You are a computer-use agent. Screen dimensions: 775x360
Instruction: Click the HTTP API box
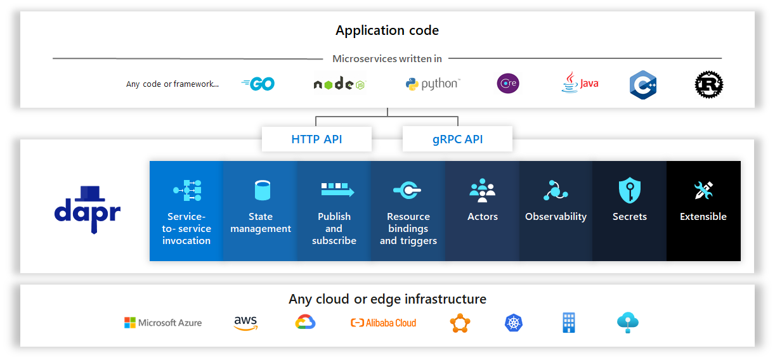pos(316,139)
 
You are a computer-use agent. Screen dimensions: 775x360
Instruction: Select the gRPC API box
pos(457,139)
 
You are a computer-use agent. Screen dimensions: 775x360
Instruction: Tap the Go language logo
pos(258,84)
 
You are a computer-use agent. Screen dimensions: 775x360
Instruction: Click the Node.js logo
pos(339,83)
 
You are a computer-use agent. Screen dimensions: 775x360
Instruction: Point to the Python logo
pos(433,84)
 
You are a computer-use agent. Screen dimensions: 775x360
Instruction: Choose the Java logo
pos(580,82)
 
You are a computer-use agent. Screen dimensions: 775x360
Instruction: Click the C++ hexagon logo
pos(643,85)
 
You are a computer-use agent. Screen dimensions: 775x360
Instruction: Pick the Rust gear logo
pos(709,84)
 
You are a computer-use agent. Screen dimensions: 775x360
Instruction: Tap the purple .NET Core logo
pos(508,83)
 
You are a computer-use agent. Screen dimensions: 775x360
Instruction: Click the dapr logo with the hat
pos(88,210)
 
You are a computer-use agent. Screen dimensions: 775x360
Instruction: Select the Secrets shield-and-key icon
pos(630,190)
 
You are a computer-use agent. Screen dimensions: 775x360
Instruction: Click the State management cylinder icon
pos(263,190)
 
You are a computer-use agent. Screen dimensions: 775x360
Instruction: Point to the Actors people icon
pos(482,190)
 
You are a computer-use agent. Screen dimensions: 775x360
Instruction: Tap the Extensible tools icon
pos(703,190)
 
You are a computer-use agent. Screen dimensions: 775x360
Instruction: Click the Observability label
pos(556,217)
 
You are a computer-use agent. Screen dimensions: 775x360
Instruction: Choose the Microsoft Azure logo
pos(163,323)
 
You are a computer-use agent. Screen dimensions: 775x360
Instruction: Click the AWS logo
pos(245,323)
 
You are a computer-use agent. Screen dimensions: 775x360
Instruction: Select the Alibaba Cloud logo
pos(383,323)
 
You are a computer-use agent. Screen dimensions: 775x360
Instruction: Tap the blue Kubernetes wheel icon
pos(514,323)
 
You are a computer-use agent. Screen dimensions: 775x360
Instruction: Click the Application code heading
pos(387,30)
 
